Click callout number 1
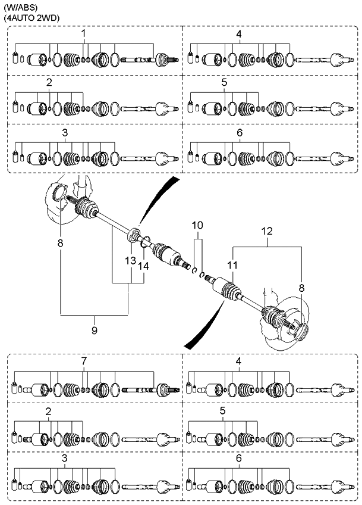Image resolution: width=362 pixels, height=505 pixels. (84, 35)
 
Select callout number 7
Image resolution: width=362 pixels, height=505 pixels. (84, 361)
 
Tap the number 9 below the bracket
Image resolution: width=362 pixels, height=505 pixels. (95, 329)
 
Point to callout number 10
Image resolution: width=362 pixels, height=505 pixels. (197, 225)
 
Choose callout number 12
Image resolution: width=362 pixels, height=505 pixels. (267, 230)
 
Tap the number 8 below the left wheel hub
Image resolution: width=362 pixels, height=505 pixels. (60, 244)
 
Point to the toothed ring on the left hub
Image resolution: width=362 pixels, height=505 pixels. (59, 193)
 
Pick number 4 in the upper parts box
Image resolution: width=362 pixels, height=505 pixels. (238, 35)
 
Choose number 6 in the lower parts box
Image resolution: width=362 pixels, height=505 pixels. (238, 459)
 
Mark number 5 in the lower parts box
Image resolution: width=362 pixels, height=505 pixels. (224, 411)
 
